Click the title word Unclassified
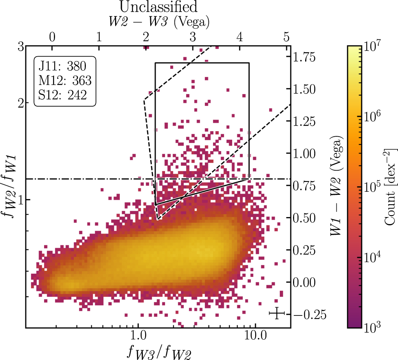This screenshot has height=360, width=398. pyautogui.click(x=158, y=7)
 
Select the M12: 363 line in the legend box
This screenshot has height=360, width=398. pyautogui.click(x=64, y=80)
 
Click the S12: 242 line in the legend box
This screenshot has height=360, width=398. pyautogui.click(x=62, y=96)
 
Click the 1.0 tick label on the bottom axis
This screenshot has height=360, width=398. pyautogui.click(x=138, y=337)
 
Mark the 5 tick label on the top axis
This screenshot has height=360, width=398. pyautogui.click(x=286, y=37)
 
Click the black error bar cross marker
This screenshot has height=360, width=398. pyautogui.click(x=277, y=313)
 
